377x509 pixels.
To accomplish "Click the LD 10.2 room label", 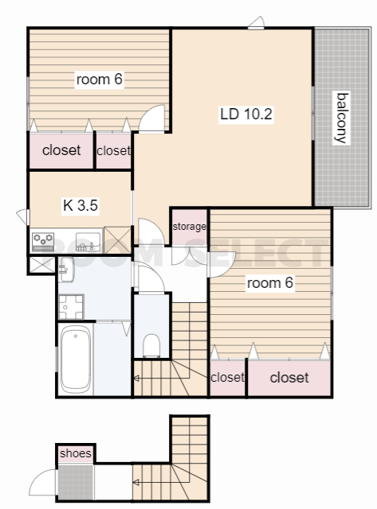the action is [x=246, y=114].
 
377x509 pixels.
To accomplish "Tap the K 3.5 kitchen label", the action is [x=81, y=205].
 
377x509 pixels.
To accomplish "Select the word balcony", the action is [x=342, y=118].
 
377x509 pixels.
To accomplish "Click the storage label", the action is [x=190, y=226].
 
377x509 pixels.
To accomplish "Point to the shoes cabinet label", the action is [x=76, y=453].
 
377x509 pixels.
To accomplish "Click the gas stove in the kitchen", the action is [x=43, y=242].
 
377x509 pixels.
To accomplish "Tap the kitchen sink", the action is [x=88, y=242].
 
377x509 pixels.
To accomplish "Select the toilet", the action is [x=151, y=346].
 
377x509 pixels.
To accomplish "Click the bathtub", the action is [x=76, y=359].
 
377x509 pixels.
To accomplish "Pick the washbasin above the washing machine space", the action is [x=66, y=270].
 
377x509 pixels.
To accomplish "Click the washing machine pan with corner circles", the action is [x=71, y=307].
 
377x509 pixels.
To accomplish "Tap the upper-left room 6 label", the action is [x=99, y=80].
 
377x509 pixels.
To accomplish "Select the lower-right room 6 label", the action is [x=270, y=283].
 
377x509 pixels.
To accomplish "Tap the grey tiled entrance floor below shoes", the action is [x=76, y=482].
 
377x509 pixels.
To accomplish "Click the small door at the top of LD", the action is [x=257, y=23].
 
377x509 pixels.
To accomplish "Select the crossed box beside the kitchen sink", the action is [x=117, y=240].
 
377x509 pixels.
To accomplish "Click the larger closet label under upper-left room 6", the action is [x=61, y=150].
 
